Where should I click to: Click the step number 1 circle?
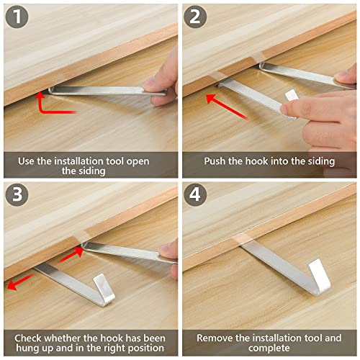pyautogui.click(x=16, y=17)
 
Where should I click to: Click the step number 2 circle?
pyautogui.click(x=194, y=17)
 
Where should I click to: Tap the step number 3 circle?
pyautogui.click(x=16, y=195)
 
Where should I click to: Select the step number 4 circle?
pyautogui.click(x=194, y=195)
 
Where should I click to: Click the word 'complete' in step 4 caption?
pyautogui.click(x=268, y=349)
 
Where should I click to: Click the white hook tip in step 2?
pyautogui.click(x=292, y=97)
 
